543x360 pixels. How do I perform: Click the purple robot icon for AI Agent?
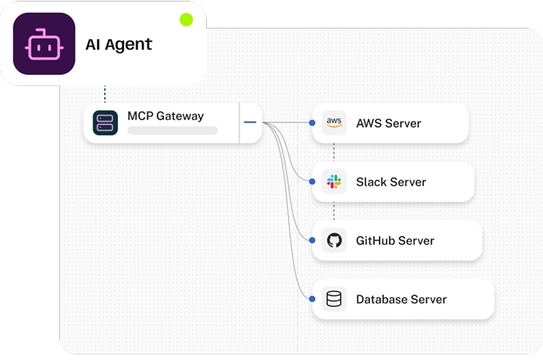coord(44,44)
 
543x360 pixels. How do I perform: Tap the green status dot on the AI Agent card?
coord(187,20)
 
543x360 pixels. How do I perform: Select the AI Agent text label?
coord(119,44)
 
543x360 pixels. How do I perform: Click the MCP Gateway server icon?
coord(105,123)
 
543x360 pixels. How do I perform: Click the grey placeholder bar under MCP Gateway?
coord(172,131)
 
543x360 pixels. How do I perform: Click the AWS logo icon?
coord(334,123)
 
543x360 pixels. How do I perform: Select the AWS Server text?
coord(388,123)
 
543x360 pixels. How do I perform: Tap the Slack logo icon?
coord(334,182)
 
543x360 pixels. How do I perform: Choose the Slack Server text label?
coord(390,182)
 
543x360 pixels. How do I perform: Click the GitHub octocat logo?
coord(334,241)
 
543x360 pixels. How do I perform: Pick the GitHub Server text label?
coord(395,241)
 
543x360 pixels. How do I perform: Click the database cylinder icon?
coord(334,299)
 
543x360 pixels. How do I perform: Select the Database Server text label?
coord(401,299)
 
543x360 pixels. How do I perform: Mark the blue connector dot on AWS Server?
coord(312,123)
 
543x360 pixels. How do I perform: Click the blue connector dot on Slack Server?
coord(312,182)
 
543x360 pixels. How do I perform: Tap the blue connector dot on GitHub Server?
coord(312,241)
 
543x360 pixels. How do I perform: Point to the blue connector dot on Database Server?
coord(312,299)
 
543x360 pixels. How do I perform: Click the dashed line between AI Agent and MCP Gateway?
coord(105,94)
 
